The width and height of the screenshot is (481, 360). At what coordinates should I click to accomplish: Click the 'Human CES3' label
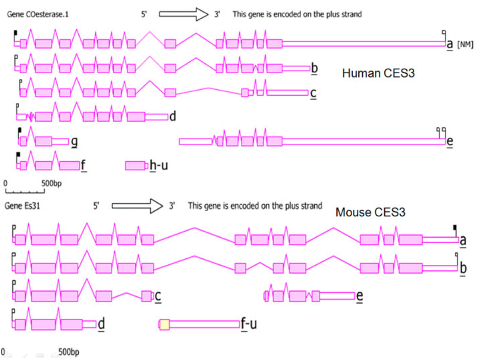tap(378, 73)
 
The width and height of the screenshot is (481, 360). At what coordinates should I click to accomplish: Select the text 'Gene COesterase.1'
tap(32, 14)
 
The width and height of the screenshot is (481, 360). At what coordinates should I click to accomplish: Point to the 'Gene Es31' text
tap(22, 206)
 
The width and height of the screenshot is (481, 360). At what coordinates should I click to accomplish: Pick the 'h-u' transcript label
tap(159, 164)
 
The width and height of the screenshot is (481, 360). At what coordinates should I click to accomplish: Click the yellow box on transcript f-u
tap(164, 324)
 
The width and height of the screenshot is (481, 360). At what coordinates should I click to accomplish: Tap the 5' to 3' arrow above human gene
tap(184, 14)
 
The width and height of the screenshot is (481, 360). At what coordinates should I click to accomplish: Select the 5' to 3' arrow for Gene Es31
tap(137, 206)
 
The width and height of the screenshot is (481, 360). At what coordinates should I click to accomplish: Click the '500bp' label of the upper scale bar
tap(52, 183)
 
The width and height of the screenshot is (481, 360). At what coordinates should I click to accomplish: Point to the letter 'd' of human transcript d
tap(173, 116)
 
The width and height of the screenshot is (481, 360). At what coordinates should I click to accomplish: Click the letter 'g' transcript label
tap(74, 142)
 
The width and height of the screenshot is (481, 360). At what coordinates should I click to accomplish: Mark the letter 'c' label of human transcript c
tap(313, 93)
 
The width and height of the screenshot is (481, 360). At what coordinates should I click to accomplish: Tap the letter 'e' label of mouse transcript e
tap(360, 296)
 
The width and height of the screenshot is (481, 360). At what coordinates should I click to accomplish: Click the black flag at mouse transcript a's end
tap(455, 227)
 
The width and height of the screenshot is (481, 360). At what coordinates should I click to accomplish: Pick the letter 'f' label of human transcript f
tap(83, 164)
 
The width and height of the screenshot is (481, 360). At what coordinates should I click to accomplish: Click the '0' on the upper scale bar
tap(5, 183)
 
